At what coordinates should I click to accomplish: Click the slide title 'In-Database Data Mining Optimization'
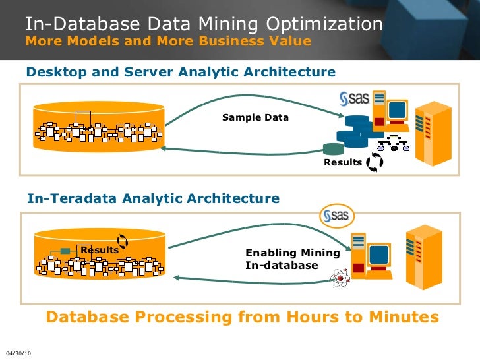coord(204,24)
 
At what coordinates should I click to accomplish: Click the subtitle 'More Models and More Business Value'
coord(167,42)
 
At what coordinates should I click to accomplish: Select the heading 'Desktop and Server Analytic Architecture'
coord(181,72)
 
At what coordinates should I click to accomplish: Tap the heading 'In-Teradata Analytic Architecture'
coord(153,198)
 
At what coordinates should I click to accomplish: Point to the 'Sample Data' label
coord(255,117)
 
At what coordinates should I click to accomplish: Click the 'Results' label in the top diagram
coord(343,162)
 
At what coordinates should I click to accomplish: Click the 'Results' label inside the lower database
coord(100,250)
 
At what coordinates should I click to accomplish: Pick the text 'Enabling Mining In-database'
coord(292,258)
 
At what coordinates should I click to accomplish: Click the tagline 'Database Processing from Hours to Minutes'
coord(242,317)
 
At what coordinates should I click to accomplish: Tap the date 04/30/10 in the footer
coord(18,353)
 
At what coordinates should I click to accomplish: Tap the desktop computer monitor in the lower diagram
coord(378,254)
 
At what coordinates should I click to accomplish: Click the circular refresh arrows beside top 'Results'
coord(375,162)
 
